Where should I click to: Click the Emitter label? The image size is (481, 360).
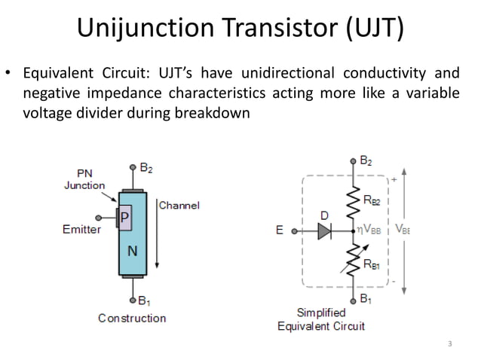(81, 229)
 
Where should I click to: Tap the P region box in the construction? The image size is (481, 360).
(125, 219)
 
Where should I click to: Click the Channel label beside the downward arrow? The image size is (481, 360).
(179, 205)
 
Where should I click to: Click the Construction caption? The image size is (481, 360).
(132, 318)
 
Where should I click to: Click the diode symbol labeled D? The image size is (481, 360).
(324, 231)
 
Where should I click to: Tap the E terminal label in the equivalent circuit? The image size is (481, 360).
(280, 230)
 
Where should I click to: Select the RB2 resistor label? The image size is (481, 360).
(372, 201)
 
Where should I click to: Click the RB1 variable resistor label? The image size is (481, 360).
(372, 264)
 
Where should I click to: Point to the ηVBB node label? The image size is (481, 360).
(369, 230)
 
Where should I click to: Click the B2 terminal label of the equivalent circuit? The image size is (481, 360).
(365, 160)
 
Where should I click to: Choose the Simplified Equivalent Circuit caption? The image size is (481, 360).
(321, 319)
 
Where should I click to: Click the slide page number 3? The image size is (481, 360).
(449, 344)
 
